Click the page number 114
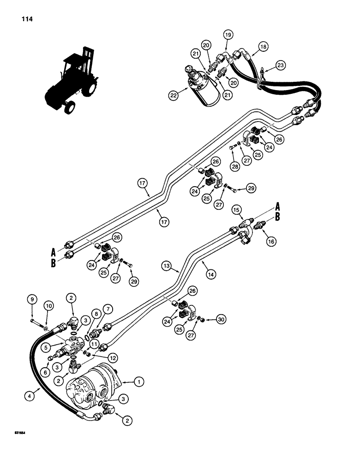26,20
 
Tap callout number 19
228,34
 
